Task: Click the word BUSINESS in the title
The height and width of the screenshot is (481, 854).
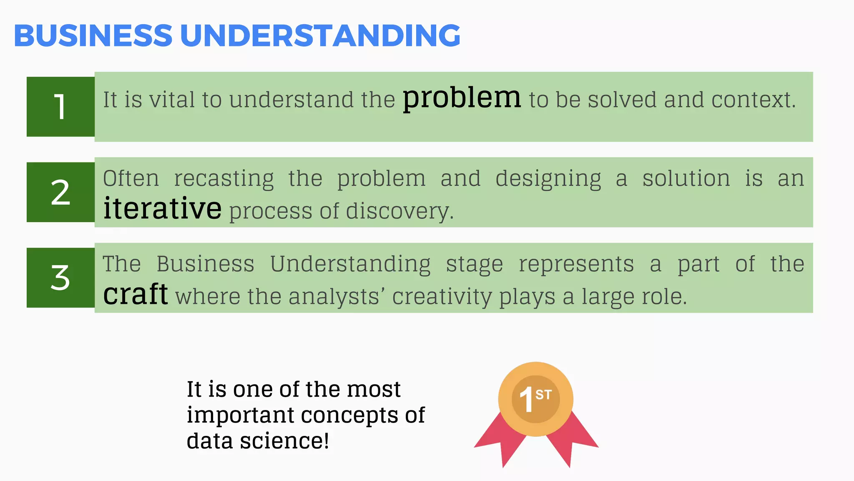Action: [93, 35]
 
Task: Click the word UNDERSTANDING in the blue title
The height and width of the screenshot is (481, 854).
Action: [320, 35]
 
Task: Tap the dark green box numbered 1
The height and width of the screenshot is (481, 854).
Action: [60, 107]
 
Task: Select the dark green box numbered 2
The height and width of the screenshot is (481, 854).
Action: [60, 192]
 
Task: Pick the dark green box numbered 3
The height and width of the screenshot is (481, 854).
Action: [60, 278]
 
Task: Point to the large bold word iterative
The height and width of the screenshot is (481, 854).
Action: [162, 208]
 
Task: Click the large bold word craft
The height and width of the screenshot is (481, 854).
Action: [136, 294]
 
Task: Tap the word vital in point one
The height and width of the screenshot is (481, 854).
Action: [172, 100]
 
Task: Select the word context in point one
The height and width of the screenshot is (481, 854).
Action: [754, 100]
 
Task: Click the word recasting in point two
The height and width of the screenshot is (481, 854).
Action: [224, 179]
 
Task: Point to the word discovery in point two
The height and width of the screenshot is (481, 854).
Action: [399, 211]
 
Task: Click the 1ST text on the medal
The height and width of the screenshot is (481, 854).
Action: [535, 399]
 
